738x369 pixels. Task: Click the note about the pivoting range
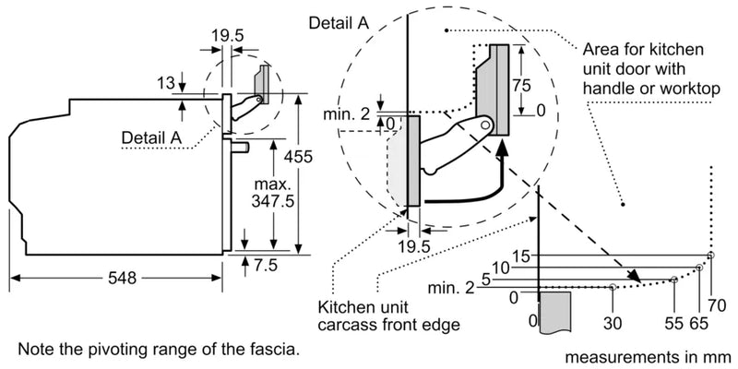157,350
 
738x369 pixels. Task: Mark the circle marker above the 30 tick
613,287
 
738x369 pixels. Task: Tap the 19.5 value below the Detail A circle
412,246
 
